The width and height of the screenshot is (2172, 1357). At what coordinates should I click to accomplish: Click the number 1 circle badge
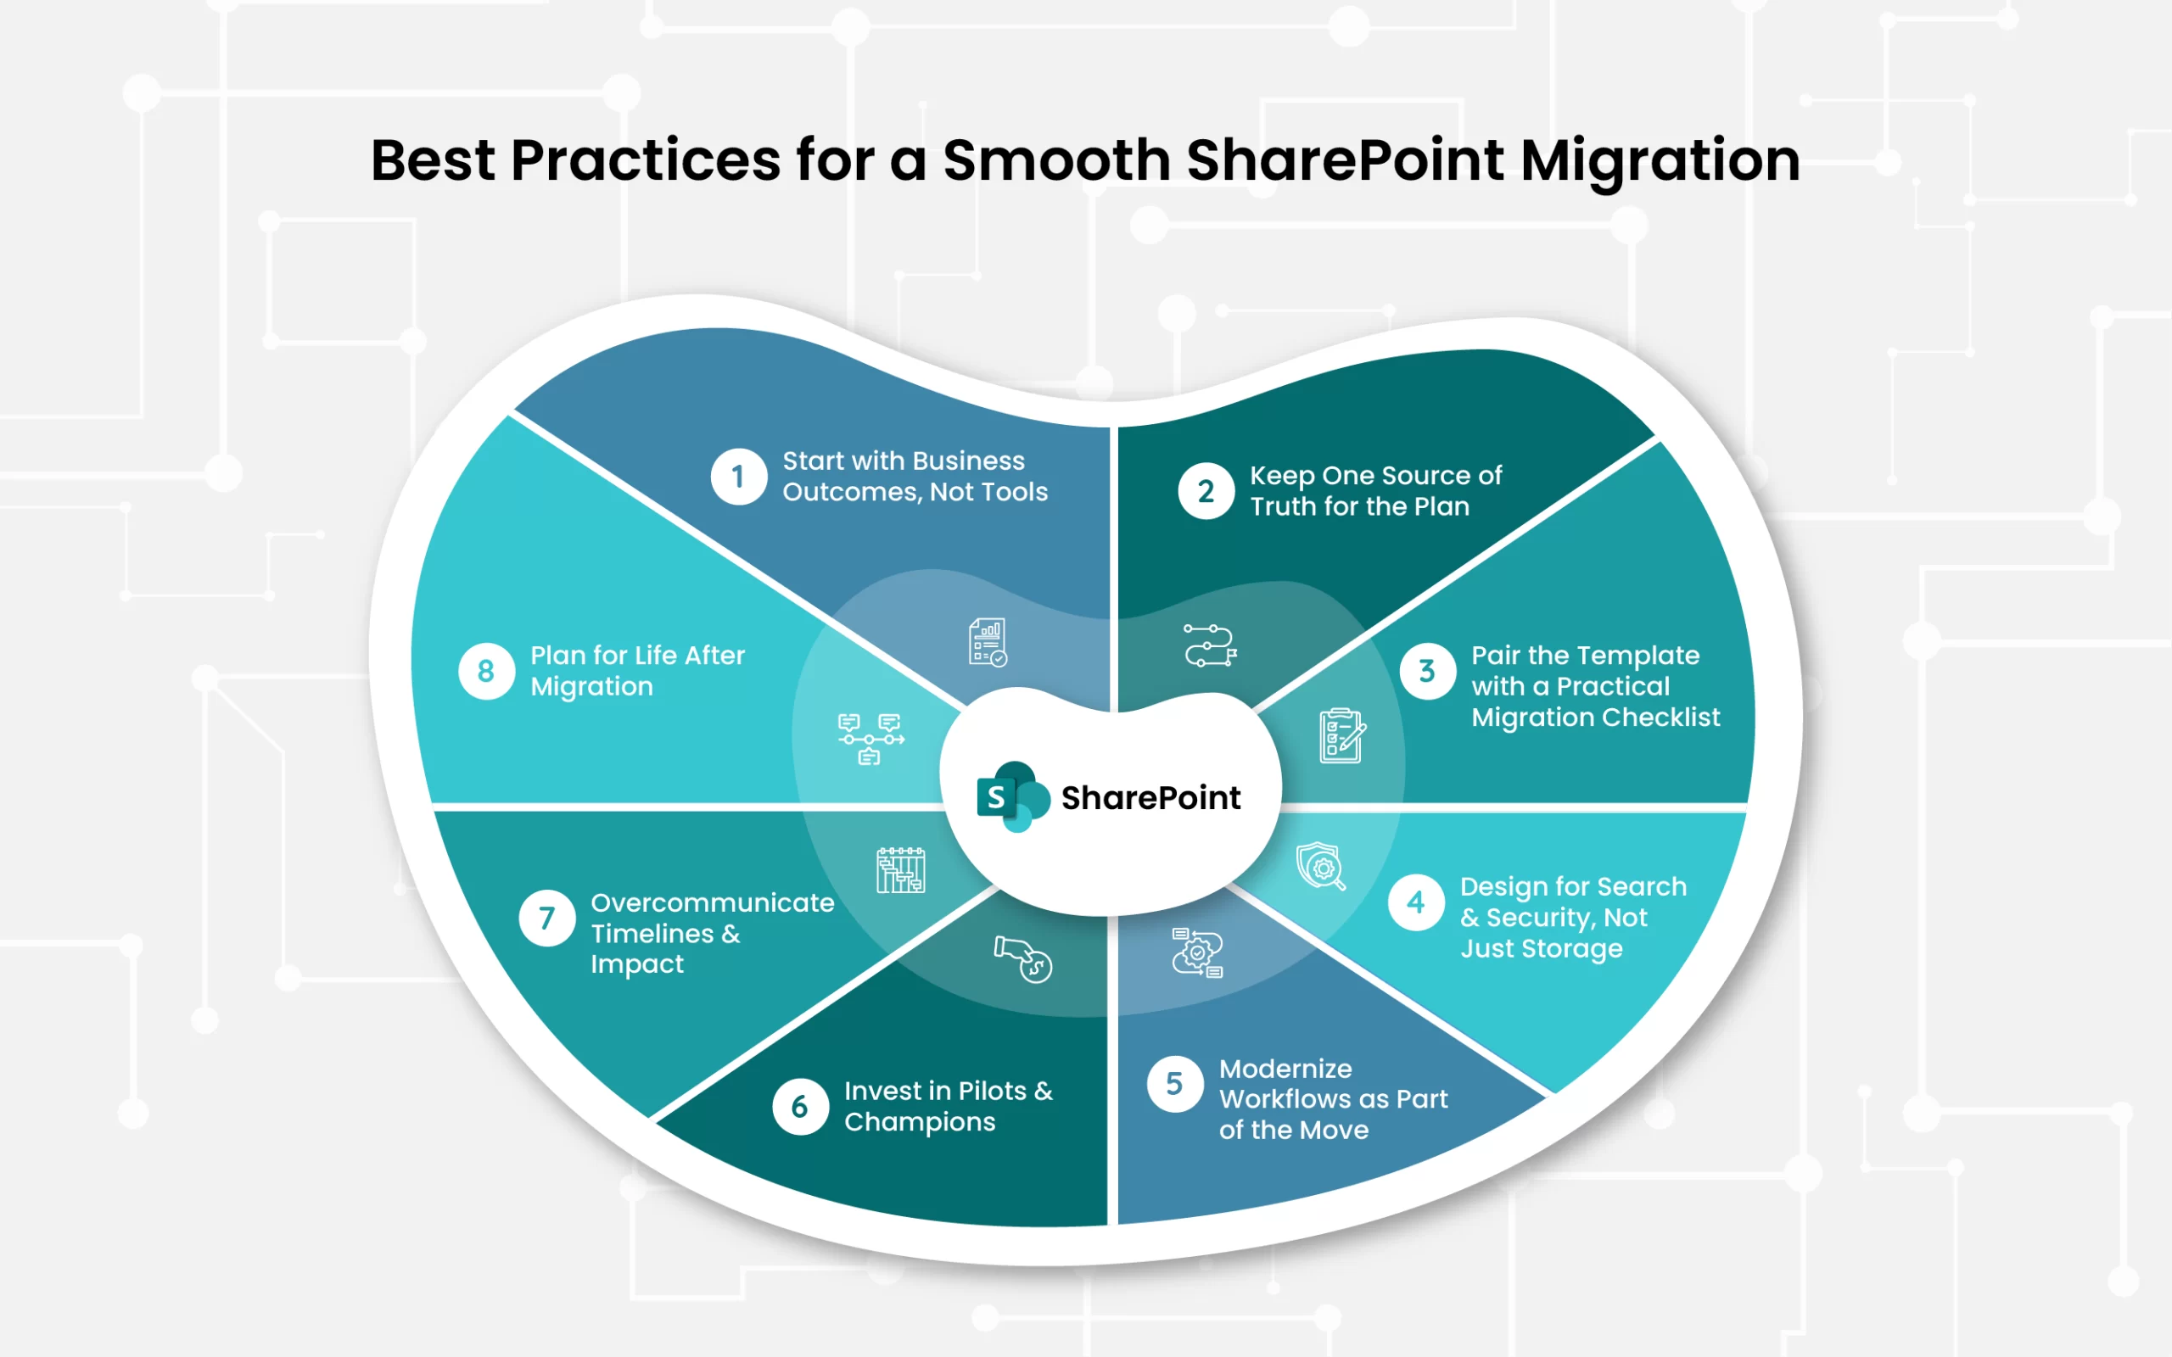[739, 477]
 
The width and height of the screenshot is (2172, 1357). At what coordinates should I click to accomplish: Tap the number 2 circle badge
[1206, 491]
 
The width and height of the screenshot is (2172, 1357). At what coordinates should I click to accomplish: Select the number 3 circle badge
[1427, 670]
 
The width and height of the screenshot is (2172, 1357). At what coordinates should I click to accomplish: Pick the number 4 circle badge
[1416, 902]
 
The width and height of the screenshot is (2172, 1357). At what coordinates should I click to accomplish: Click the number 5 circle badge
[1175, 1084]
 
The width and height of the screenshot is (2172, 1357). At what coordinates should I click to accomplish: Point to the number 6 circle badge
[800, 1107]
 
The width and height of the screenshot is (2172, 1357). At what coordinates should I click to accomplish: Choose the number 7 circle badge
[546, 919]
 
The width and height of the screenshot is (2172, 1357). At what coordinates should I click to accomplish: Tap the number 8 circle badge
[486, 670]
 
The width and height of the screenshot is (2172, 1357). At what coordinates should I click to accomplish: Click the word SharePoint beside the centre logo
[1150, 798]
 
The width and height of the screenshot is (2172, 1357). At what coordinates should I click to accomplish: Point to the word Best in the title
[433, 160]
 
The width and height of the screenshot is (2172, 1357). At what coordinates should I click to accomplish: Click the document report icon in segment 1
[988, 643]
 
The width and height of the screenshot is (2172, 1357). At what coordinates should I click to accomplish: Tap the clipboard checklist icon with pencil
[1341, 736]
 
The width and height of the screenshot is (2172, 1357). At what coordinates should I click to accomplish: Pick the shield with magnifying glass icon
[1320, 866]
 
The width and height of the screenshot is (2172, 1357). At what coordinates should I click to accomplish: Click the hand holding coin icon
[1023, 959]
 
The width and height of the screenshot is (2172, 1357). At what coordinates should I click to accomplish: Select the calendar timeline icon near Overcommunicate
[901, 869]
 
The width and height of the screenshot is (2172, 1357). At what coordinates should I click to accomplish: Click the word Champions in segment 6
[920, 1123]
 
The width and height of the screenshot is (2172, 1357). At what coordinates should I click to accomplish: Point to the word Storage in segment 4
[1572, 950]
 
